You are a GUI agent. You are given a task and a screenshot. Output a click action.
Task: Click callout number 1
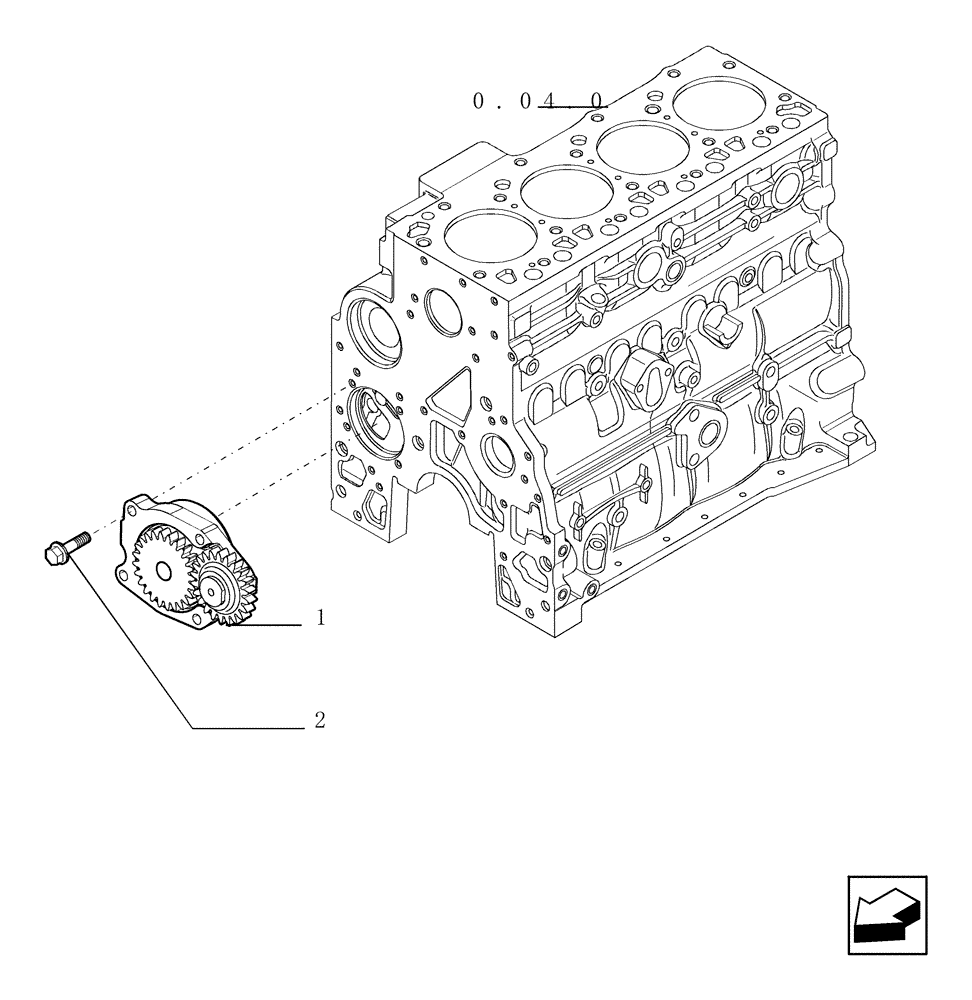tap(320, 619)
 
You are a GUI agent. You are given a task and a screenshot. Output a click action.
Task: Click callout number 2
tap(319, 720)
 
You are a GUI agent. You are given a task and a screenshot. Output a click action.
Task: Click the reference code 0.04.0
tap(539, 101)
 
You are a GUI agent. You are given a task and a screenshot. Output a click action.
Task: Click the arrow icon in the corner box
tap(886, 915)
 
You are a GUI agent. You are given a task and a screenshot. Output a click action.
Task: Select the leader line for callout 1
tap(270, 625)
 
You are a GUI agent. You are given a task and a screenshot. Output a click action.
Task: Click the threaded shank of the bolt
tap(80, 539)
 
